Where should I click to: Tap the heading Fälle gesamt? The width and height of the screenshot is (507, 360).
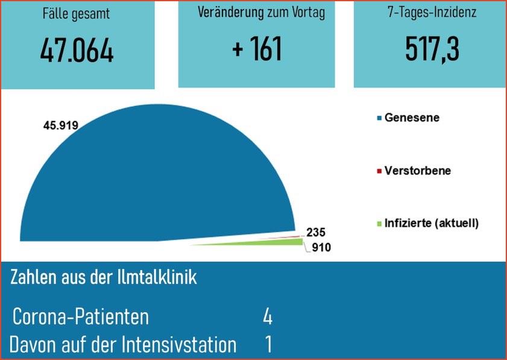(77, 14)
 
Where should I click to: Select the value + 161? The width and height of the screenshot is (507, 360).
(257, 49)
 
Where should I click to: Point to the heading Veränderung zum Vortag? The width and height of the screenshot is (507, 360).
(261, 13)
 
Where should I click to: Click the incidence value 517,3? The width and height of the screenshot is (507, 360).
(432, 49)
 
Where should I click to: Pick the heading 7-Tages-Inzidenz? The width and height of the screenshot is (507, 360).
(432, 12)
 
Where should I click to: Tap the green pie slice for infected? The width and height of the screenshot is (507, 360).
(283, 242)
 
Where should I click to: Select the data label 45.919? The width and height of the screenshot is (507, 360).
(61, 125)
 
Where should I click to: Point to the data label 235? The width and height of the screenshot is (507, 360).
(316, 232)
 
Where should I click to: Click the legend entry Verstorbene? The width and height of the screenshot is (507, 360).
(417, 171)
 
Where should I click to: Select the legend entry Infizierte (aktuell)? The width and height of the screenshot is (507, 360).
(431, 223)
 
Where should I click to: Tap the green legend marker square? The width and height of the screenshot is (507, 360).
(379, 224)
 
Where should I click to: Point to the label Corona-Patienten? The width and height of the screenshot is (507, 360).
(80, 317)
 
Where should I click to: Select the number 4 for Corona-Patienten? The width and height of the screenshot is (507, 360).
(268, 317)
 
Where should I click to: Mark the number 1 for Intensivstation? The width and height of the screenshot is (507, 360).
(268, 345)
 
